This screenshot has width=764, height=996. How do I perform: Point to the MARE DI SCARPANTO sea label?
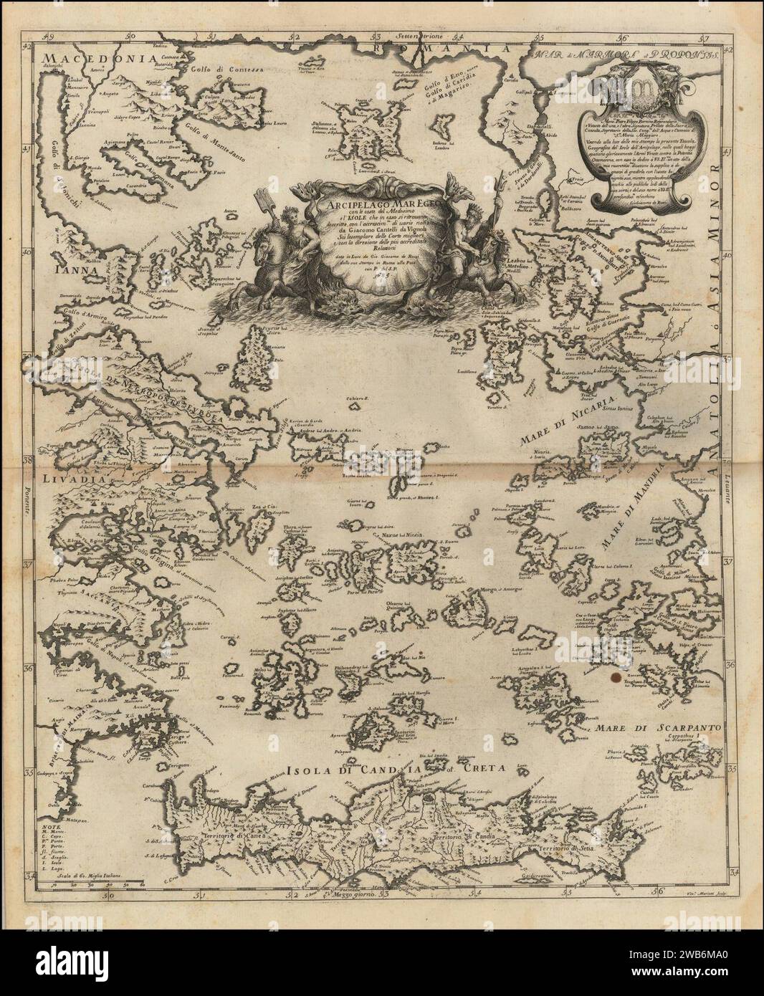(x=659, y=727)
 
